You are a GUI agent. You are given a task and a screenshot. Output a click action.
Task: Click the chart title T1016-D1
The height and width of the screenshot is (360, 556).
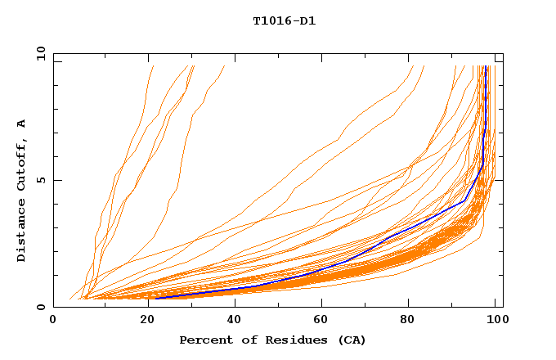pyautogui.click(x=284, y=21)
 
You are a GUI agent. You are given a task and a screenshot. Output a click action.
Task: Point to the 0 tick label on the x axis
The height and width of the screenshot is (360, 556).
pyautogui.click(x=53, y=321)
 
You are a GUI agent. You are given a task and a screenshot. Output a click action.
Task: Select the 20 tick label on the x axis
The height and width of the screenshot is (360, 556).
pyautogui.click(x=142, y=321)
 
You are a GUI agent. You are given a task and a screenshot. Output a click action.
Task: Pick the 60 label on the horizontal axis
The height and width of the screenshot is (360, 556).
pyautogui.click(x=320, y=321)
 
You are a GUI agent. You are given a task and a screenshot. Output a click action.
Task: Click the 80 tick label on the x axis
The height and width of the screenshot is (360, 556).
pyautogui.click(x=409, y=321)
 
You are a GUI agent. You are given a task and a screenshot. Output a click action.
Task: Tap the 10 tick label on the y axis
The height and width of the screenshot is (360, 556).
pyautogui.click(x=38, y=53)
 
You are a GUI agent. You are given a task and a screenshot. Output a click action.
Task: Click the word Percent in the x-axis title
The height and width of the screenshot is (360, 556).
pyautogui.click(x=202, y=340)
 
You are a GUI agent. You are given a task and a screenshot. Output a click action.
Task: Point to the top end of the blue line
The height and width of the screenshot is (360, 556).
pyautogui.click(x=486, y=66)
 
